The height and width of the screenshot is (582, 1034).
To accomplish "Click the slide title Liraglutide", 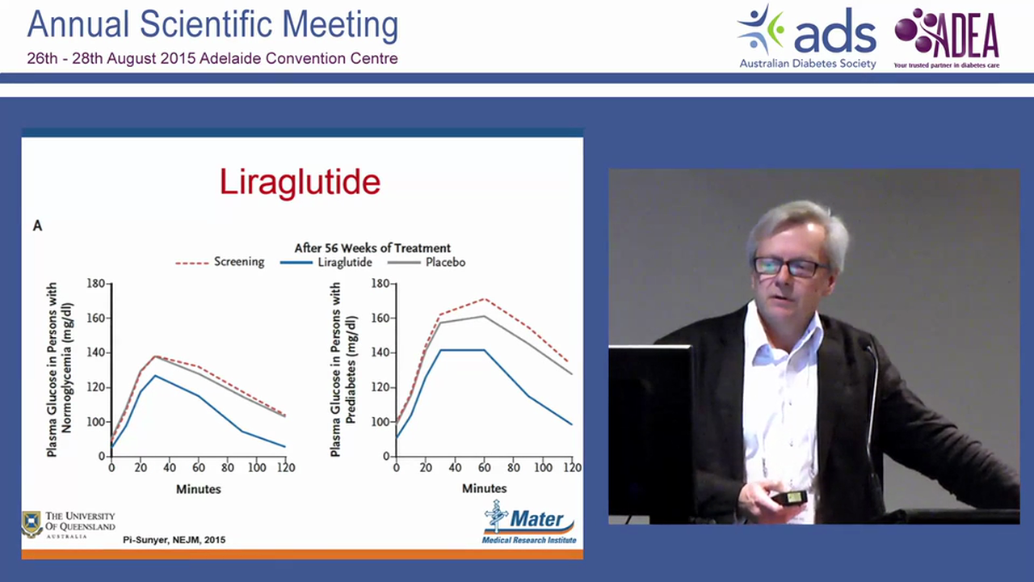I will coord(300,183).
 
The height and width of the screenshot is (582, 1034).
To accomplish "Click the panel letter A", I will coord(37,226).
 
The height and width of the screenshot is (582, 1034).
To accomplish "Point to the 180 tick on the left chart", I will coord(96,284).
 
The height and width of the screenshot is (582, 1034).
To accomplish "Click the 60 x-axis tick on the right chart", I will coord(484,468).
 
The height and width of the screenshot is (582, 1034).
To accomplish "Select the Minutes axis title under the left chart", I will coord(199,489).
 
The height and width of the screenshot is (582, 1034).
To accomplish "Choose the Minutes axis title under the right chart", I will coord(484,489).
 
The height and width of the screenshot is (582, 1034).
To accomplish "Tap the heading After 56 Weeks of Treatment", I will coord(372,248).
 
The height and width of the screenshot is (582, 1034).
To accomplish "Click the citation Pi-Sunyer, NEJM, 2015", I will coord(174,539).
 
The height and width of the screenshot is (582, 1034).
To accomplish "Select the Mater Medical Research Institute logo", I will coord(529,522).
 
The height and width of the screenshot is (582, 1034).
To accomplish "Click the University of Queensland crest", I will coord(32,524).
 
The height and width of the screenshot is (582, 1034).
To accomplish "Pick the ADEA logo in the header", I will coord(947,36).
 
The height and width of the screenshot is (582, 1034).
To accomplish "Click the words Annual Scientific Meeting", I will coord(212,25).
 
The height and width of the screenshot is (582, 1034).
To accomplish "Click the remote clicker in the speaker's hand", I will coord(789,497).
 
